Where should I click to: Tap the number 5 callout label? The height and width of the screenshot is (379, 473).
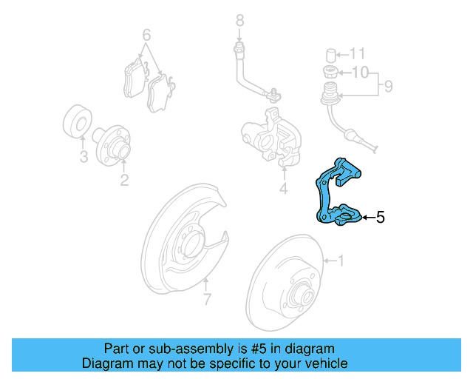(x=380, y=217)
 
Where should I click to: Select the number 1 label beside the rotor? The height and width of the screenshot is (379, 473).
(x=341, y=261)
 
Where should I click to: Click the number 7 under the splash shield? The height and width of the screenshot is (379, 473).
(x=207, y=299)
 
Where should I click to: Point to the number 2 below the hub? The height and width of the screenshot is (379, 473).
(x=124, y=180)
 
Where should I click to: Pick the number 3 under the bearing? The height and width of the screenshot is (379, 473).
(x=83, y=157)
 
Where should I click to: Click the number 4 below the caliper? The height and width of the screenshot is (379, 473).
(x=283, y=189)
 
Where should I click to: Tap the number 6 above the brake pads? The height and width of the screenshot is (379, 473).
(x=146, y=35)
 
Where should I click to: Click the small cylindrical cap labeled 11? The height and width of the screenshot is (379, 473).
(x=331, y=54)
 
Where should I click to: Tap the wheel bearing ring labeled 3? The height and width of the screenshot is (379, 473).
(x=77, y=123)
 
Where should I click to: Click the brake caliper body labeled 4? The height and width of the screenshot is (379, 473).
(x=270, y=136)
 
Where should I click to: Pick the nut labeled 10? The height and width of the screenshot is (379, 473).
(x=330, y=72)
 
